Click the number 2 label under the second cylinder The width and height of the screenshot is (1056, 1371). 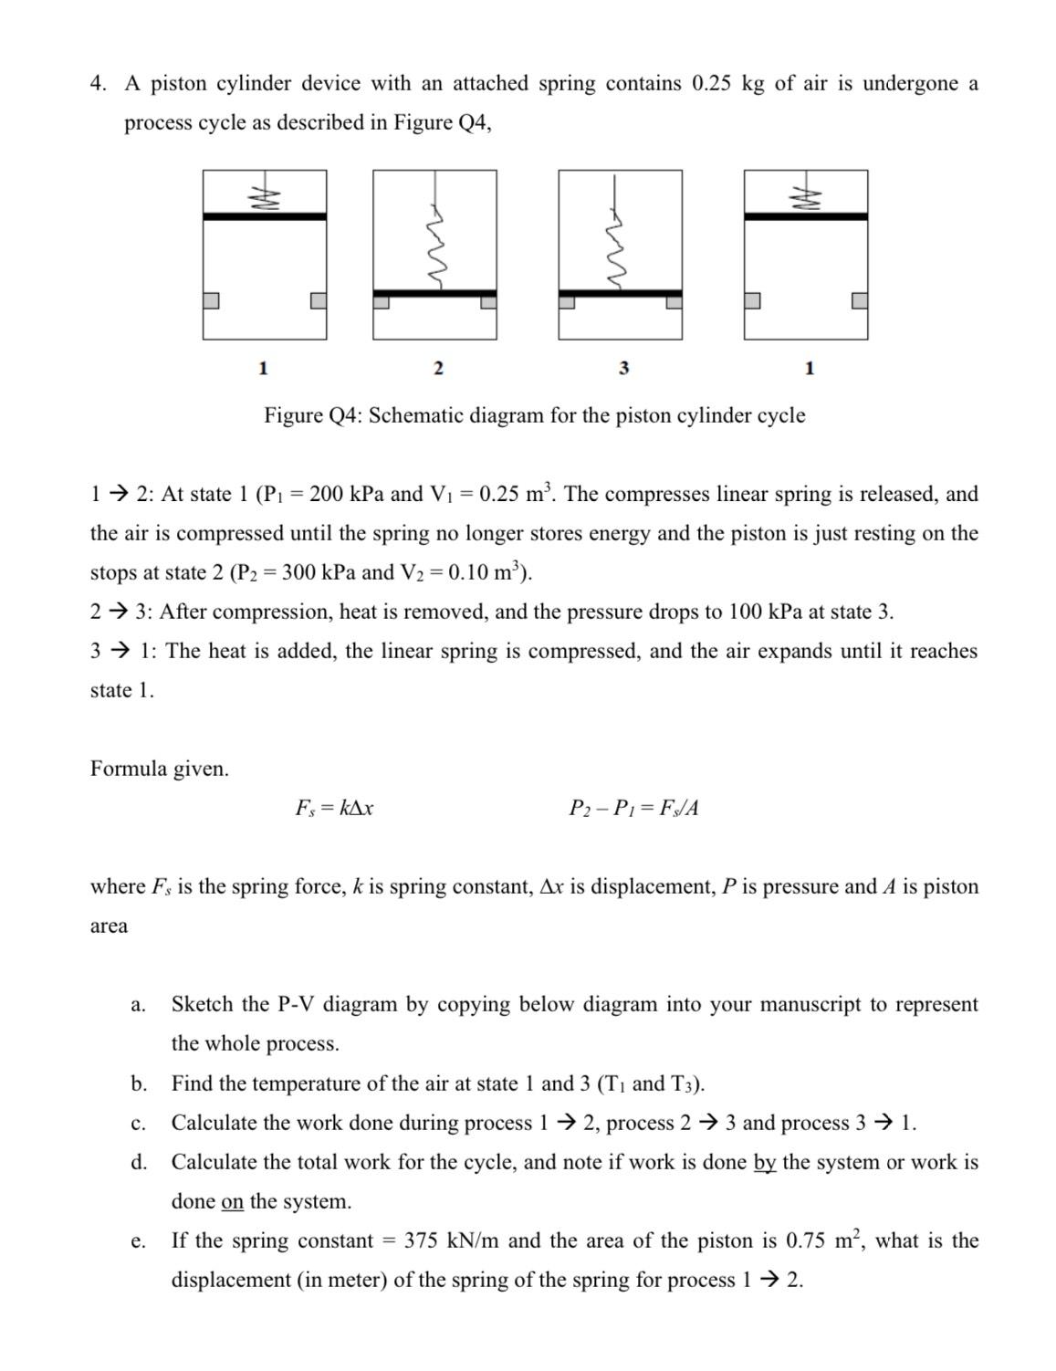coord(437,368)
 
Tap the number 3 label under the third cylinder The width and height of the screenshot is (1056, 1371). coord(623,368)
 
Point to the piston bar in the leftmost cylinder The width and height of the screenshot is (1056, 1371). coord(265,216)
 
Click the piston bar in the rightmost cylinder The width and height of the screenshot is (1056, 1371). coord(806,216)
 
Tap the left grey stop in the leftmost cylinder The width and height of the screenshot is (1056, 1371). coord(211,300)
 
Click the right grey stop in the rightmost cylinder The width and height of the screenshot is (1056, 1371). coord(860,300)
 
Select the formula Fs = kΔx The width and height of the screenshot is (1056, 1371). coord(334,808)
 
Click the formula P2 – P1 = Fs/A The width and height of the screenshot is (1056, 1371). coord(633,808)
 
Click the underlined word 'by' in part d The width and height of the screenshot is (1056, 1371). coord(765,1163)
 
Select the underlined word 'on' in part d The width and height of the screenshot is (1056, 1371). coord(233,1202)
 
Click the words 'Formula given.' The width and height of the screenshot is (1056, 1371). coord(160,769)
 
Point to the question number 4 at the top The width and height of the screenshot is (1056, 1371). coord(98,84)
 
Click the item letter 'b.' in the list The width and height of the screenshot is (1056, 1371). coord(139,1084)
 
